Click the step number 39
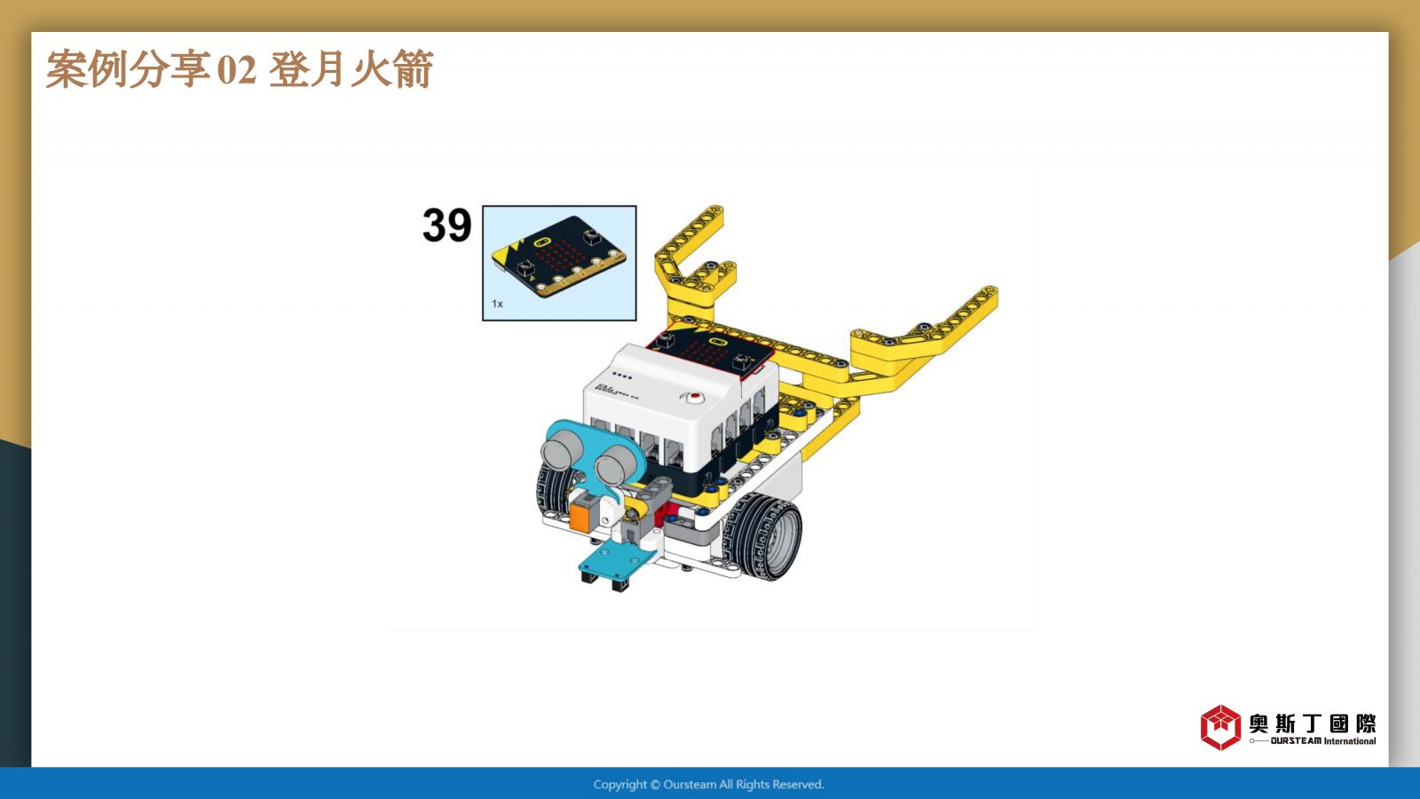point(447,225)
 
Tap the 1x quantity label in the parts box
point(497,304)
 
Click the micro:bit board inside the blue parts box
point(559,257)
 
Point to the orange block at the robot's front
point(582,511)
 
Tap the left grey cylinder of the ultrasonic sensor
point(560,452)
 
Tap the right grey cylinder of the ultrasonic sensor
point(613,466)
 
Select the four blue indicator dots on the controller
point(621,376)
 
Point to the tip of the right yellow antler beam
point(990,293)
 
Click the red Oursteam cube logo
point(1220,727)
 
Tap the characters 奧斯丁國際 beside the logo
point(1313,724)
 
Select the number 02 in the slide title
point(236,70)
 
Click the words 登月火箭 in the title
point(351,68)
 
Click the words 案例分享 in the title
point(128,68)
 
